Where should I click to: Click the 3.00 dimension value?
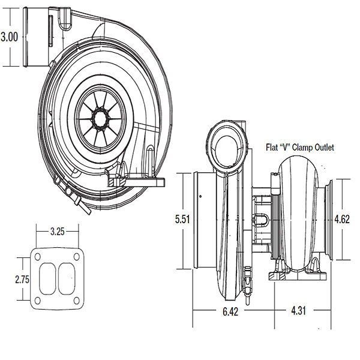point(10,37)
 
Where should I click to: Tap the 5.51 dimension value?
point(183,220)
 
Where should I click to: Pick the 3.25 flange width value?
point(56,231)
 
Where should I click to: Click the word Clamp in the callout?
point(300,147)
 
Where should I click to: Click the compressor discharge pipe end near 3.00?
point(28,37)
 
